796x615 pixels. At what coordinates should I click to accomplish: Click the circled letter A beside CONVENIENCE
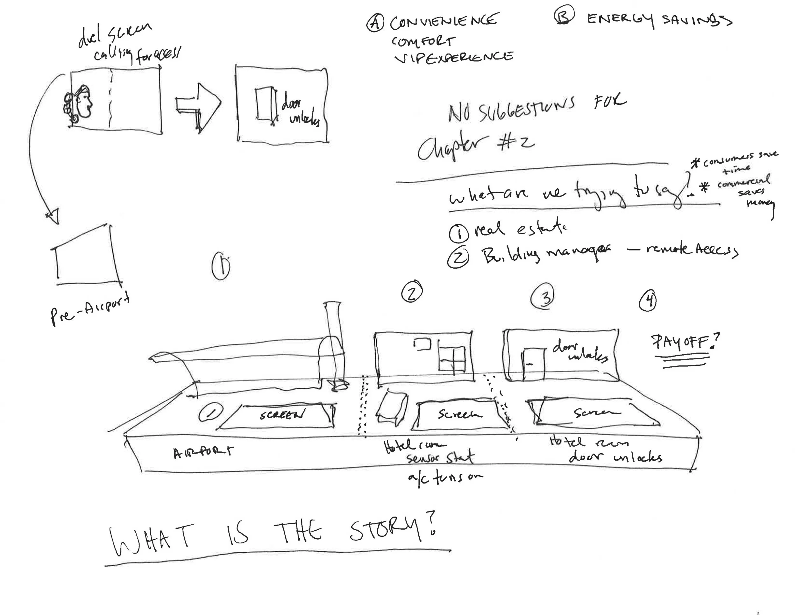coord(375,23)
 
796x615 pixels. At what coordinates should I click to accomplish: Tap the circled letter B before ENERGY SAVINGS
coord(564,15)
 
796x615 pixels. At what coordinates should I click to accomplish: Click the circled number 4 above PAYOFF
coord(648,301)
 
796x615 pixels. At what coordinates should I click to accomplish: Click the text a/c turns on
coord(445,477)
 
